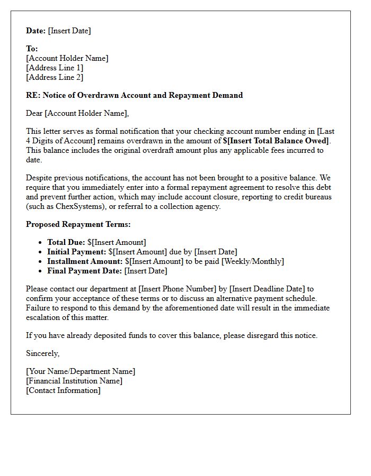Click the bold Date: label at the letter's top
click(36, 31)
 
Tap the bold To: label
click(32, 49)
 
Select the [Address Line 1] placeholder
click(55, 68)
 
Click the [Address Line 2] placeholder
click(55, 77)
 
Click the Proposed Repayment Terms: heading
click(78, 224)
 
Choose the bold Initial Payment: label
click(76, 252)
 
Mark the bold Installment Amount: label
click(85, 261)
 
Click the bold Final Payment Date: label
click(84, 271)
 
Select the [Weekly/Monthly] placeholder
click(253, 261)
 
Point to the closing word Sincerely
click(42, 353)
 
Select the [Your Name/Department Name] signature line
click(81, 371)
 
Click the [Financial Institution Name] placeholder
click(74, 381)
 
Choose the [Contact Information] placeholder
click(63, 390)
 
